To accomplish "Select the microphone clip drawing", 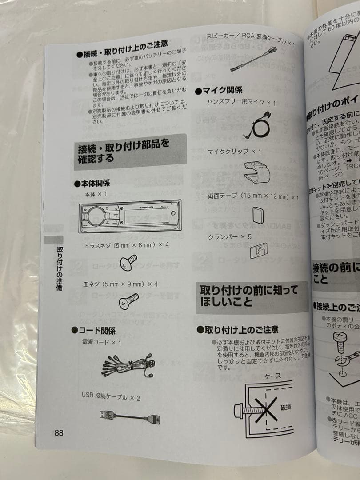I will (257, 172).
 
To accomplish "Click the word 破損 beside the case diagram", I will (285, 407).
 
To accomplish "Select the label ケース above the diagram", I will (272, 376).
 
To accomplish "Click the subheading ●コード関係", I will (94, 330).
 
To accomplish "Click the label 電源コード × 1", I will (101, 343).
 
